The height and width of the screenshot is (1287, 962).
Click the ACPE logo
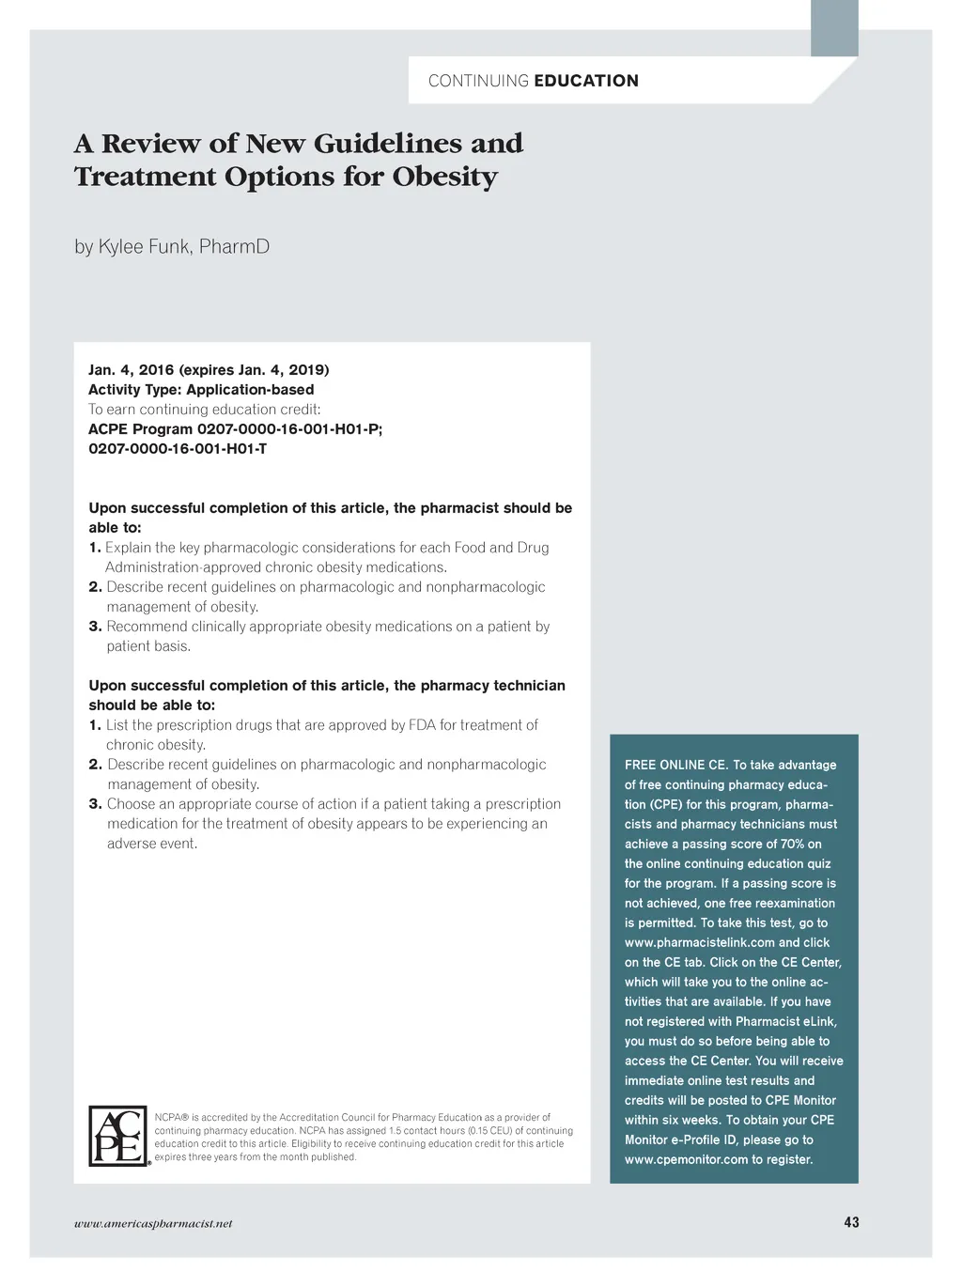(118, 1136)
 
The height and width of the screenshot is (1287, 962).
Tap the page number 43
(851, 1222)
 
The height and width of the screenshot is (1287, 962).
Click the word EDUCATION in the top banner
(586, 81)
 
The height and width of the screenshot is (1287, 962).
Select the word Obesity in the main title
(445, 177)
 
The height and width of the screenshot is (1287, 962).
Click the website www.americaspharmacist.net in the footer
(153, 1223)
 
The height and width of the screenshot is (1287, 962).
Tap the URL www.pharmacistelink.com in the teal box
(699, 942)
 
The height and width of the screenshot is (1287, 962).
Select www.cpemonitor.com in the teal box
(686, 1159)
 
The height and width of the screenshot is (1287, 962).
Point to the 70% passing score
(792, 844)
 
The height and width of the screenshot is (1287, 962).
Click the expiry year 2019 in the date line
(308, 369)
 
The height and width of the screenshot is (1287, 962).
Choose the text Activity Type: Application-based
(201, 389)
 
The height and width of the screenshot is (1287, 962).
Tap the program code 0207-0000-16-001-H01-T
(178, 448)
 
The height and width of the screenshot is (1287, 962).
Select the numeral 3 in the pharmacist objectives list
(95, 627)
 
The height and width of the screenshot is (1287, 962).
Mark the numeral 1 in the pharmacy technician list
(95, 725)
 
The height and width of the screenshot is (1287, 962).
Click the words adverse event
(152, 844)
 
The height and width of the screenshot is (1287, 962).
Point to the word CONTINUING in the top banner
(478, 81)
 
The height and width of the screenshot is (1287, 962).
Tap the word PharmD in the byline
(234, 246)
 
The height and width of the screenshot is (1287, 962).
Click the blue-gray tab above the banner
(834, 27)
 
